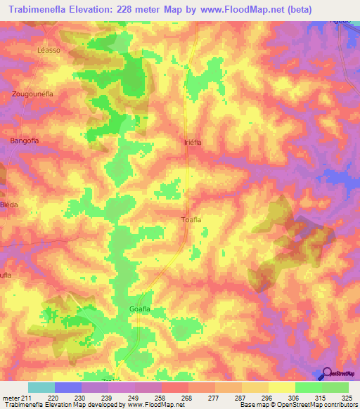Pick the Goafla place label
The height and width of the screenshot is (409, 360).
point(141,309)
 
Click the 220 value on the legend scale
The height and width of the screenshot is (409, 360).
point(68,397)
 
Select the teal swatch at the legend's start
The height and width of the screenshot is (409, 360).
point(41,387)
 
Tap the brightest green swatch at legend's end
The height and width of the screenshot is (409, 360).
point(335,387)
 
